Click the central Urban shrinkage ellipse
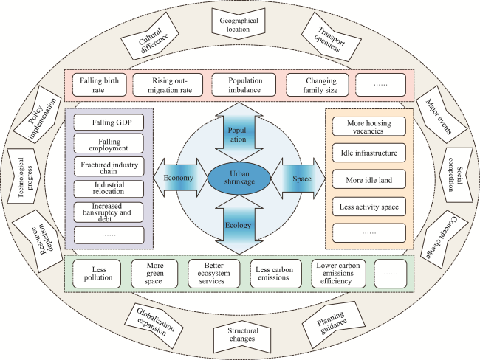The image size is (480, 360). (x=239, y=178)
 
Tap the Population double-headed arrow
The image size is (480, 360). (x=239, y=132)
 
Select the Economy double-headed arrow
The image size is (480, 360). (x=181, y=178)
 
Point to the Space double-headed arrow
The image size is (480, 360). (x=298, y=179)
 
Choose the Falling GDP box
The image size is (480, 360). (x=109, y=122)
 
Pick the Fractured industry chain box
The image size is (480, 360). (x=109, y=167)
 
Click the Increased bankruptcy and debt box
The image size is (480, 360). (x=109, y=212)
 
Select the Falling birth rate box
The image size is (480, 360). (x=99, y=85)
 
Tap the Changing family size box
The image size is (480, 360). (x=318, y=85)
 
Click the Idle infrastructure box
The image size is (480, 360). (x=369, y=153)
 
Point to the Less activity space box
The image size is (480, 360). (x=369, y=207)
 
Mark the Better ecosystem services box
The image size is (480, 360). (x=213, y=274)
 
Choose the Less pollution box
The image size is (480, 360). (x=97, y=274)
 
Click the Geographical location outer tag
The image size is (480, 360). (x=239, y=24)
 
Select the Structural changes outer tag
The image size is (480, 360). (x=241, y=336)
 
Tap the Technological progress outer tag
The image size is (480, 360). (x=24, y=176)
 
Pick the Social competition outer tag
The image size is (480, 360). (x=456, y=176)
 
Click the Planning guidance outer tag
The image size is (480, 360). (x=333, y=325)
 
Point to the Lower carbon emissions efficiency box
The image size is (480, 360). (x=338, y=274)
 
